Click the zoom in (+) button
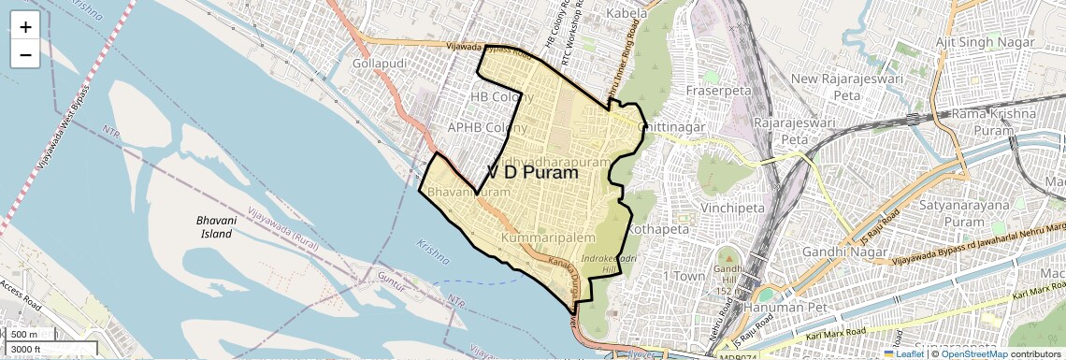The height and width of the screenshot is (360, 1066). pyautogui.click(x=25, y=27)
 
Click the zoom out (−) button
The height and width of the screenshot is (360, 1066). pyautogui.click(x=25, y=55)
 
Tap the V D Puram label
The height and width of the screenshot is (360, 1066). pyautogui.click(x=533, y=173)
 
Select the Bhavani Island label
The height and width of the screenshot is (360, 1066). pyautogui.click(x=202, y=225)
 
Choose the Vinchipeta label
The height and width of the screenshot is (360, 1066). pyautogui.click(x=738, y=202)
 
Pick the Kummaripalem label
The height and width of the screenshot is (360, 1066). pyautogui.click(x=548, y=240)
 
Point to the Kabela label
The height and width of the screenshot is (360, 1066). pyautogui.click(x=626, y=14)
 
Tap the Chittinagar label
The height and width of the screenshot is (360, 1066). pyautogui.click(x=670, y=127)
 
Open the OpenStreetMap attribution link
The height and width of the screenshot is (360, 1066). pyautogui.click(x=973, y=353)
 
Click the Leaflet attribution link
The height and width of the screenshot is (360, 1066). pyautogui.click(x=903, y=353)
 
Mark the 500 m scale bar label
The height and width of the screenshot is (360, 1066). pyautogui.click(x=25, y=335)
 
